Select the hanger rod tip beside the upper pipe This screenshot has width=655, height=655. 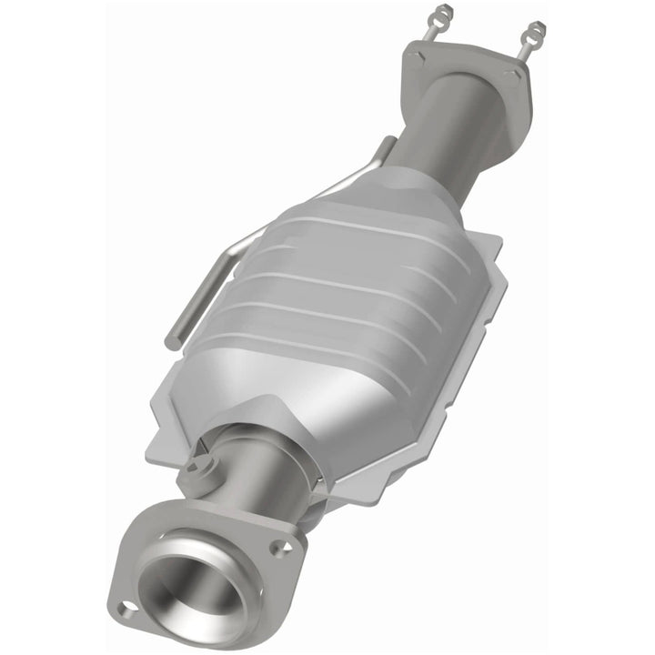pyautogui.click(x=388, y=143)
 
